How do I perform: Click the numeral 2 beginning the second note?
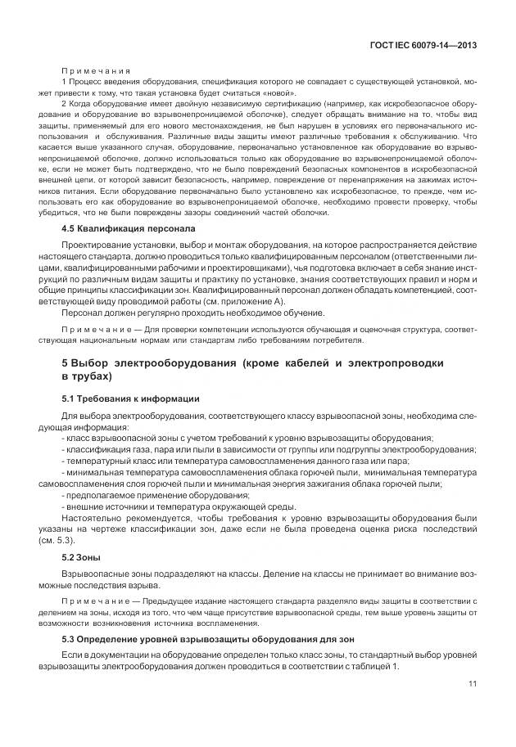[x=64, y=105]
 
